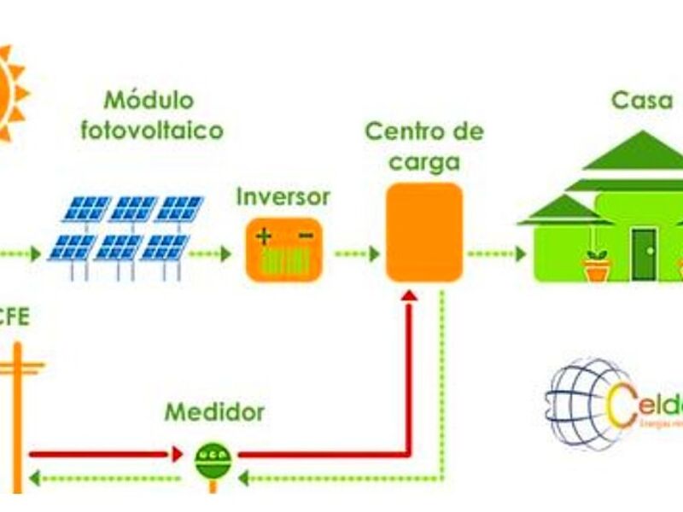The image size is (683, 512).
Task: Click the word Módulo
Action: (x=149, y=100)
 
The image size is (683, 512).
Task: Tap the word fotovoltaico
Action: (x=151, y=131)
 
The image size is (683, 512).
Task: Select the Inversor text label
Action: (x=283, y=196)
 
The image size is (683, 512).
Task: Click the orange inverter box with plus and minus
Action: (x=284, y=249)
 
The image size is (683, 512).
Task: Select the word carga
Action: (x=424, y=162)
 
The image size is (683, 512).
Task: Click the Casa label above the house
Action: (x=642, y=100)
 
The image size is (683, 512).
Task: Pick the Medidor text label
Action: (x=215, y=413)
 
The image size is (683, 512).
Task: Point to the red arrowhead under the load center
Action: (x=409, y=294)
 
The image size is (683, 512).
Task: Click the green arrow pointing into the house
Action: (x=496, y=253)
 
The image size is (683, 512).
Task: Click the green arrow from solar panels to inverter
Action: (x=210, y=253)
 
